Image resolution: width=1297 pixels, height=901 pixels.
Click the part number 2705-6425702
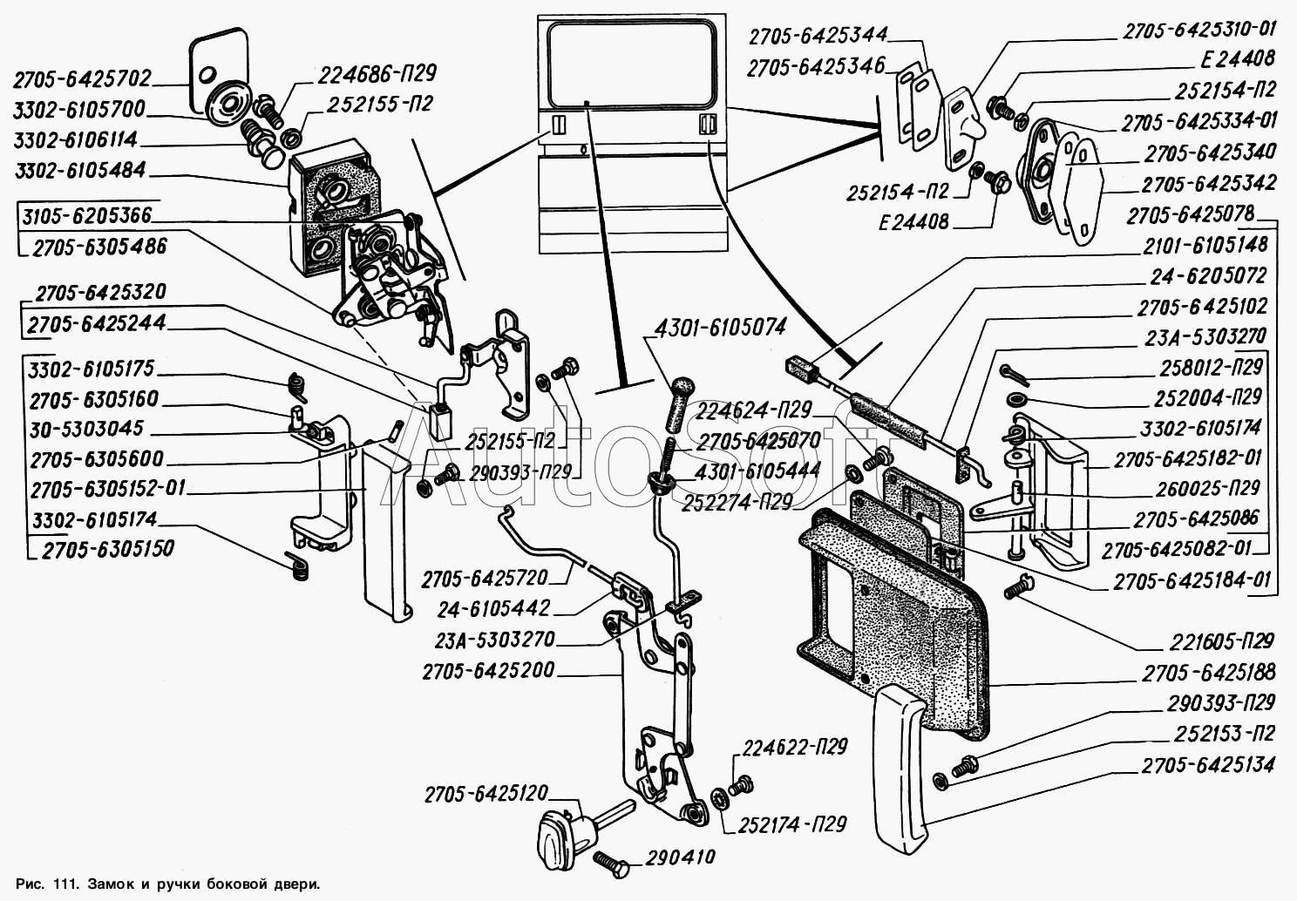click(82, 79)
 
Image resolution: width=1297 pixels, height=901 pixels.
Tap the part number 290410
click(681, 857)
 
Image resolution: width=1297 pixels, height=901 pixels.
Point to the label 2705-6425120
click(486, 794)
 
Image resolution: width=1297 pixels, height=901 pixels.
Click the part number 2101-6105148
click(1207, 247)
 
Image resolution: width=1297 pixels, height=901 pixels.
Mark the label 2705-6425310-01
click(1199, 30)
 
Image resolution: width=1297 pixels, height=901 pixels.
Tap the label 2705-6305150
click(103, 549)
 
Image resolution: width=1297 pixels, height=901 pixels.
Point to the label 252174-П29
click(792, 823)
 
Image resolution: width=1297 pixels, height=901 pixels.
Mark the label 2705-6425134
click(1207, 766)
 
